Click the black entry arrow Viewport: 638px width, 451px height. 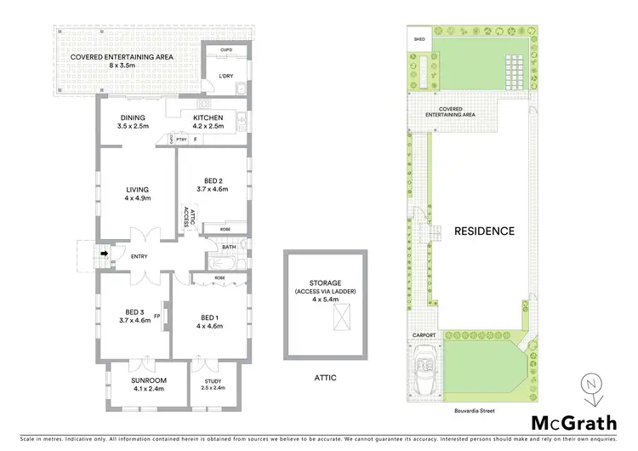coord(105,253)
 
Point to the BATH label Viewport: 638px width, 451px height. coord(228,248)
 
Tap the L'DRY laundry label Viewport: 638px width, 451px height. coord(225,77)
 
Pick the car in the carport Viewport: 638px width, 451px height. coord(424,374)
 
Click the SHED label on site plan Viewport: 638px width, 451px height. coord(419,39)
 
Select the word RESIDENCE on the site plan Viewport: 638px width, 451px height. coord(483,231)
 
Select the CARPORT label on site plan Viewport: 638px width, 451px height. coord(424,335)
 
